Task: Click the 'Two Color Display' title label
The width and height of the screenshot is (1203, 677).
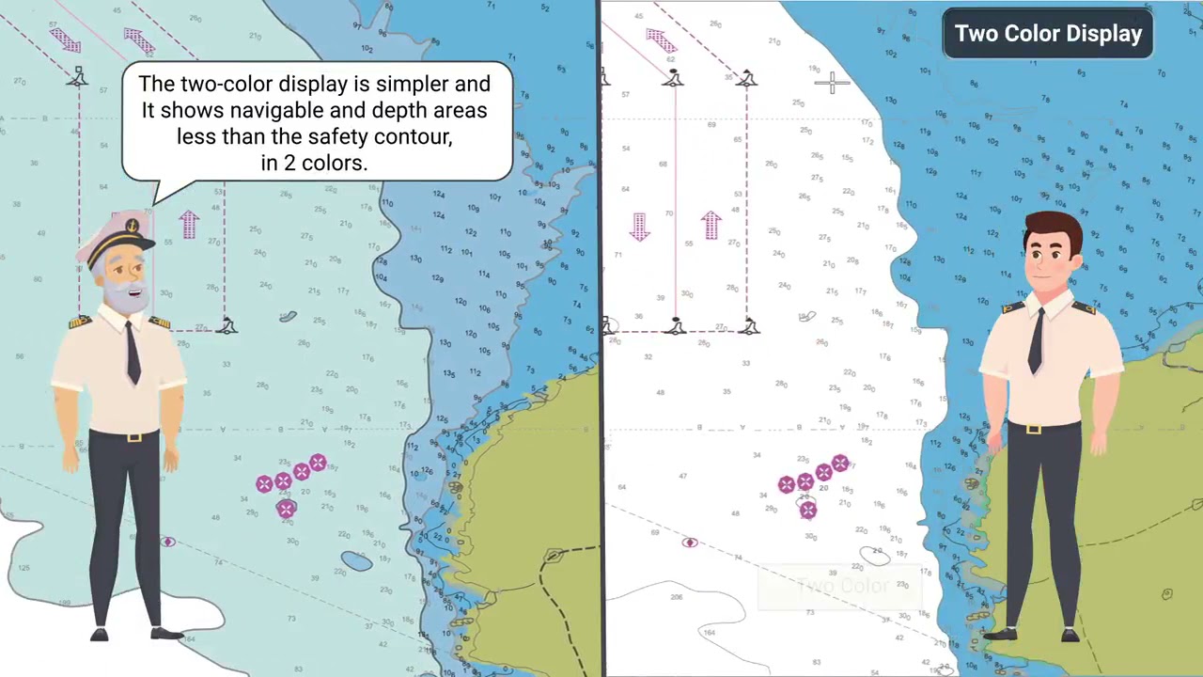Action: pyautogui.click(x=1048, y=34)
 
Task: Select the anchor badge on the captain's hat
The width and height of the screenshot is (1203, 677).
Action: pyautogui.click(x=133, y=227)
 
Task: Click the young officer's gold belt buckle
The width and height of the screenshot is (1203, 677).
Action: pyautogui.click(x=1034, y=429)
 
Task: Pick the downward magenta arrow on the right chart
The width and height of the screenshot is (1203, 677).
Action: pyautogui.click(x=640, y=227)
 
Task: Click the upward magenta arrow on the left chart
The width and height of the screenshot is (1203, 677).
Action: pyautogui.click(x=189, y=224)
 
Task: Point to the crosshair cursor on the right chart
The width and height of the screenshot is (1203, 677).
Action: pyautogui.click(x=832, y=84)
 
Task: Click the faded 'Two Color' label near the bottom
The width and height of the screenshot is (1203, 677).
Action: pyautogui.click(x=841, y=587)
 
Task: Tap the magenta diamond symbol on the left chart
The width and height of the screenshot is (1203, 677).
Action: pyautogui.click(x=168, y=542)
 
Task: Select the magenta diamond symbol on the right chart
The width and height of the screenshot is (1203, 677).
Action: pyautogui.click(x=690, y=543)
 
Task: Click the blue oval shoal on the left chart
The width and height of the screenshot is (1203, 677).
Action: pyautogui.click(x=356, y=561)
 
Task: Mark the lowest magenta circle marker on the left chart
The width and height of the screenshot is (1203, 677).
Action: pyautogui.click(x=287, y=509)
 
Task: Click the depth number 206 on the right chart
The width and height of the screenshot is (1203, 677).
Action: pyautogui.click(x=676, y=597)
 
